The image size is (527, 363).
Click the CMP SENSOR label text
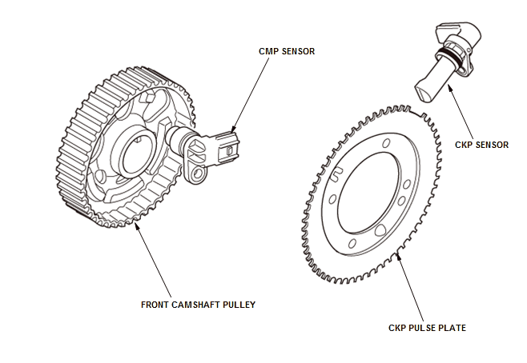pyautogui.click(x=286, y=51)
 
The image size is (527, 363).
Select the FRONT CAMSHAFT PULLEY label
pyautogui.click(x=198, y=305)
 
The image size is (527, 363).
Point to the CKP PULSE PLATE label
pyautogui.click(x=427, y=328)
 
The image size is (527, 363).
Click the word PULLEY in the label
pyautogui.click(x=238, y=305)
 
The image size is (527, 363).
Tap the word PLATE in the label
pyautogui.click(x=450, y=328)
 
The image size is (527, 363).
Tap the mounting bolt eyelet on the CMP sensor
pyautogui.click(x=197, y=171)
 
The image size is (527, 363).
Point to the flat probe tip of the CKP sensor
pyautogui.click(x=426, y=90)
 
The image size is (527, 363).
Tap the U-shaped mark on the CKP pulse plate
pyautogui.click(x=337, y=170)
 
